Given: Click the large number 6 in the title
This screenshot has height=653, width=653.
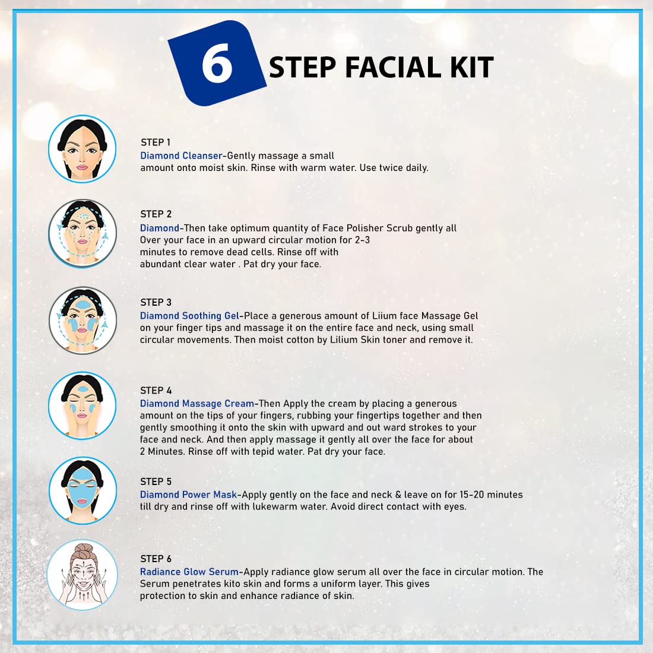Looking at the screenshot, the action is coord(217,64).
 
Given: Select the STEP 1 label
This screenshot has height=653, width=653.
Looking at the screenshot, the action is coord(156,142).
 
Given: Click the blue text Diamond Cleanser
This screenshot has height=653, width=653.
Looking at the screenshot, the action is coord(181,156).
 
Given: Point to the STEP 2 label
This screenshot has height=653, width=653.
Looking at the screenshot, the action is coord(156,214).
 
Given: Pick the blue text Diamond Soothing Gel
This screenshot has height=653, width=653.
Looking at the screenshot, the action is coord(189,316).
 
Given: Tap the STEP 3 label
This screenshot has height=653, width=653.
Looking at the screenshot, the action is coord(156,302).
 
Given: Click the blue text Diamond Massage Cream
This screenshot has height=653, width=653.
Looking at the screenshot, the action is coord(197,404).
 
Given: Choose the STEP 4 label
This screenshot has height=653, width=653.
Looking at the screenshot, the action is coord(156,391).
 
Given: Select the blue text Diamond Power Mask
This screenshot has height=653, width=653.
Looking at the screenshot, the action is coord(188,494).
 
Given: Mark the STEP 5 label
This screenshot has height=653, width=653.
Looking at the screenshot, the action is coord(156,482).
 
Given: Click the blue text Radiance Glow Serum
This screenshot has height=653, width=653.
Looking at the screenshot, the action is coord(189,572).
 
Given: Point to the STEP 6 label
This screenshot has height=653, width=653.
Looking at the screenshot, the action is coord(156,559).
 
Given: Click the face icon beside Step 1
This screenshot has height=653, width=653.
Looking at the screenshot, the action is coord(82,149).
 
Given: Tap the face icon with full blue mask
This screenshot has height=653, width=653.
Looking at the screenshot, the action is coord(83,490).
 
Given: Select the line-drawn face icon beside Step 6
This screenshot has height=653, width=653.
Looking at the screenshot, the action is coord(83,575).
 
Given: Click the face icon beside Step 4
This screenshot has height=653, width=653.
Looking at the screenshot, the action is coord(83,405).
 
